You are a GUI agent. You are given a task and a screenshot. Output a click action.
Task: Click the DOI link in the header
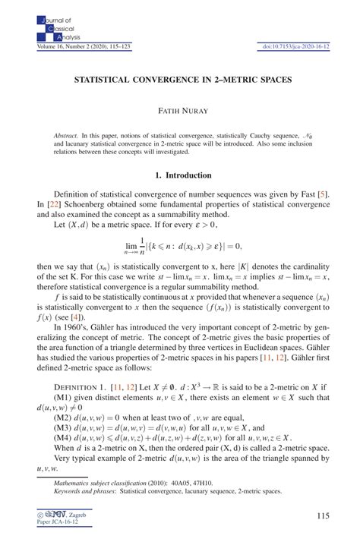click(x=290, y=48)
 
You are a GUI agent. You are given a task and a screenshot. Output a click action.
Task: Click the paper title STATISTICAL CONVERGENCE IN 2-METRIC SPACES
click(x=179, y=78)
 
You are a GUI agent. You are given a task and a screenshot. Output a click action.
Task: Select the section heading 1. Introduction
click(x=179, y=175)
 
